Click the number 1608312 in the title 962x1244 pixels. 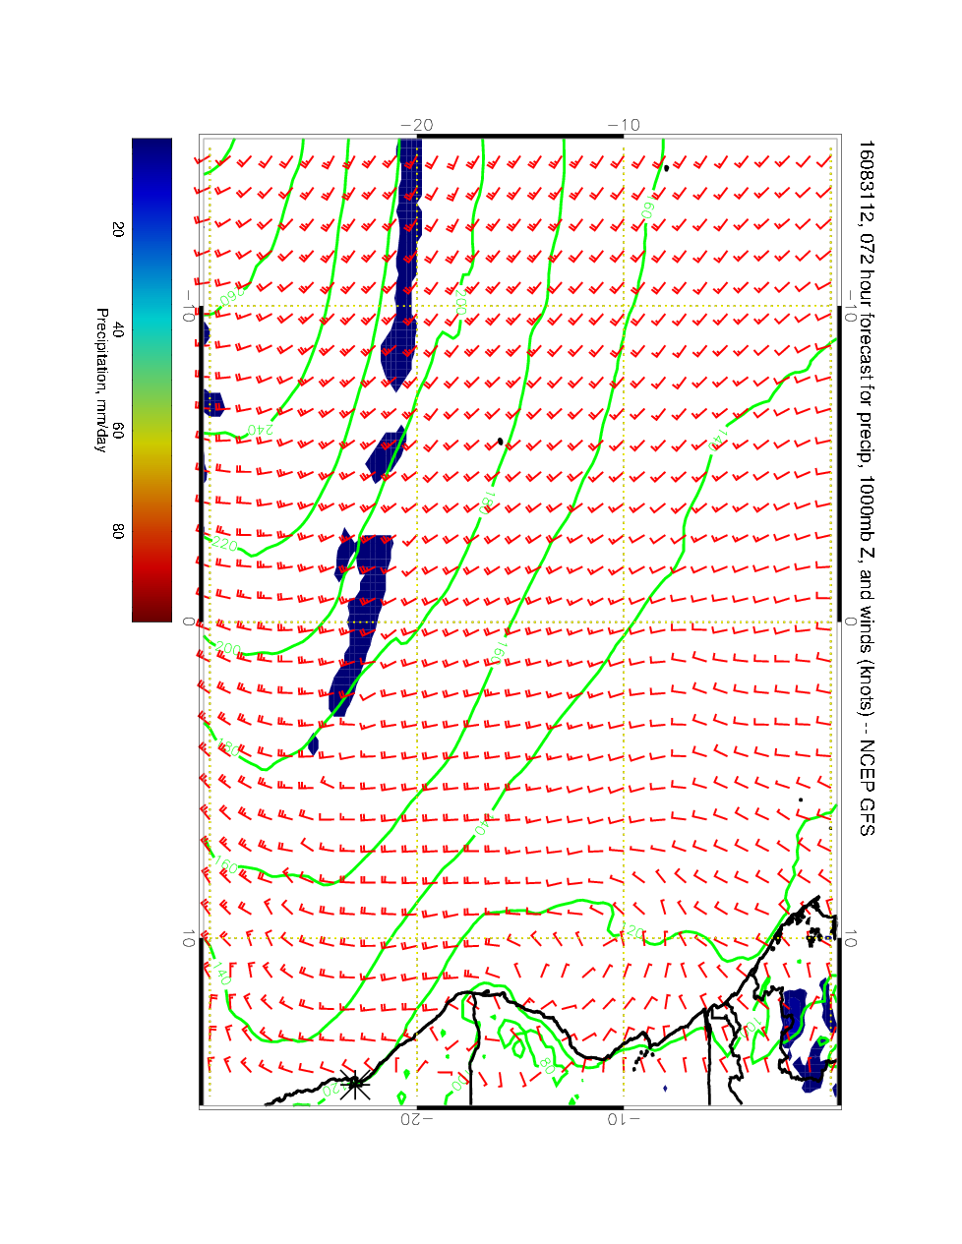[x=865, y=173]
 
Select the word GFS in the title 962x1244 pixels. [x=865, y=815]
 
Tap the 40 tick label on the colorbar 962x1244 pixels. [x=118, y=331]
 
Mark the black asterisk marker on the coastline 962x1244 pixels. [x=355, y=1084]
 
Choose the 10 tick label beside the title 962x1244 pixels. [x=852, y=940]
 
